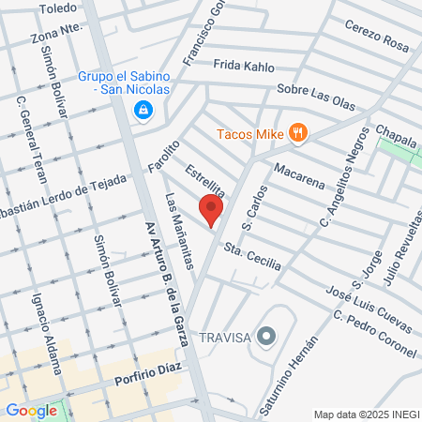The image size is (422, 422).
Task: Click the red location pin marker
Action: (211, 210)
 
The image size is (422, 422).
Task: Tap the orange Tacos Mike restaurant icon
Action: (298, 133)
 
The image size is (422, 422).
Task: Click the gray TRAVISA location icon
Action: (267, 335)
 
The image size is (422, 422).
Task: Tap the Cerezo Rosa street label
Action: (377, 36)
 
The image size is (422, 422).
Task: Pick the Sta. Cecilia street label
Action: (252, 258)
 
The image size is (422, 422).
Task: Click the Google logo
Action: (31, 410)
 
